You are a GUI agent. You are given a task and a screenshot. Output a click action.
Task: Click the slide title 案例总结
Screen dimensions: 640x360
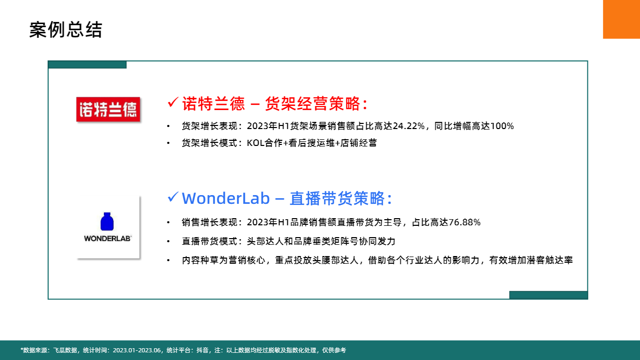(66, 29)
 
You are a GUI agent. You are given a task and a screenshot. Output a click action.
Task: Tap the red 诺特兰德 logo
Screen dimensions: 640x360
(108, 110)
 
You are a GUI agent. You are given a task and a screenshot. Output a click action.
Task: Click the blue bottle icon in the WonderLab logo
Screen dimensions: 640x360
(107, 221)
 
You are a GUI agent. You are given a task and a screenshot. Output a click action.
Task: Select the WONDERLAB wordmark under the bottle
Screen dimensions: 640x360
(108, 239)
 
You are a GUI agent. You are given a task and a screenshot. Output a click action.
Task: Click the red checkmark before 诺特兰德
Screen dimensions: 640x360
(173, 102)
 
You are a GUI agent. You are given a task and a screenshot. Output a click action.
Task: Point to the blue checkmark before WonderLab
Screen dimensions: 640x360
(173, 197)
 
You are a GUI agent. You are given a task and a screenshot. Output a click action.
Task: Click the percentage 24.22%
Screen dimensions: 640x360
(409, 126)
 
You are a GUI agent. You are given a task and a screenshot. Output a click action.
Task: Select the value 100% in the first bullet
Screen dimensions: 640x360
(502, 126)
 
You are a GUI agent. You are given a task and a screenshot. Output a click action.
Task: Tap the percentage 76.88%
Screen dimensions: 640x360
(464, 222)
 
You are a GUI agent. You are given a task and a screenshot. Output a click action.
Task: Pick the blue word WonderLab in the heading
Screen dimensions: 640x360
(226, 198)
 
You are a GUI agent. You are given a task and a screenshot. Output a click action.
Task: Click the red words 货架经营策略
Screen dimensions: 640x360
(312, 103)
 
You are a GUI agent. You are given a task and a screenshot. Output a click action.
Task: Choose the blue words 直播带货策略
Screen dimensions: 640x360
(337, 198)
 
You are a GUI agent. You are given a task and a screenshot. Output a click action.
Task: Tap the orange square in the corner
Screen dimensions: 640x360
(622, 19)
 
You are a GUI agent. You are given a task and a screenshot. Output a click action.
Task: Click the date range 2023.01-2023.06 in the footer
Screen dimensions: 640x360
(137, 350)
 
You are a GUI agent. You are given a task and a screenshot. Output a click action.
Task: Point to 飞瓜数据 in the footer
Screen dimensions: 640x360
(65, 350)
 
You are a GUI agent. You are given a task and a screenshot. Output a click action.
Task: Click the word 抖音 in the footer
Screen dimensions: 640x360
(203, 350)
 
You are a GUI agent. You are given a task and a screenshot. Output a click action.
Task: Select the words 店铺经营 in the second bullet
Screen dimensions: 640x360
(358, 143)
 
